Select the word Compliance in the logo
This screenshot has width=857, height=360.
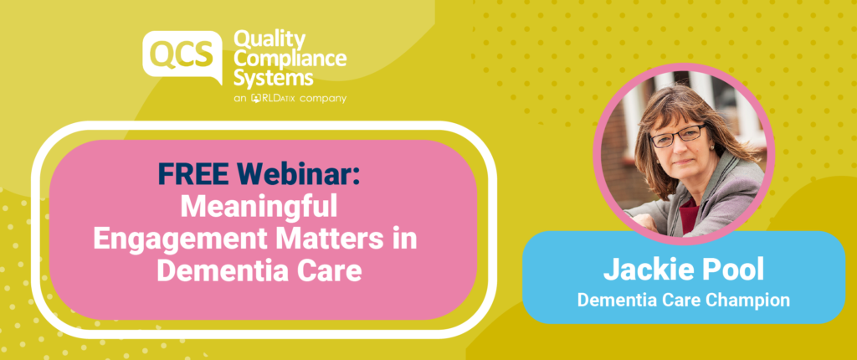click(290, 59)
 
